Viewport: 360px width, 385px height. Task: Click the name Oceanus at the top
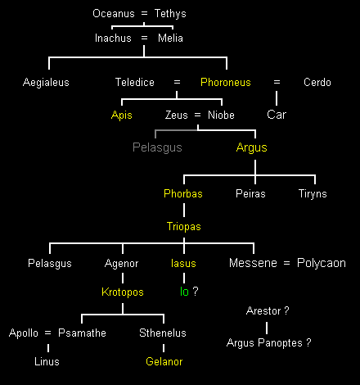(114, 13)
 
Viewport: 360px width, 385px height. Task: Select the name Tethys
(170, 14)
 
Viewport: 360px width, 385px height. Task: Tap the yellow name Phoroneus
(226, 82)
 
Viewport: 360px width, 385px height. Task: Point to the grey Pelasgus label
(157, 147)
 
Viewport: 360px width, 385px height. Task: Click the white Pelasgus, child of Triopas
(50, 264)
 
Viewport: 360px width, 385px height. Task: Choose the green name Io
(184, 292)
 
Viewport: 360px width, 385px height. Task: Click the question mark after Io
(196, 292)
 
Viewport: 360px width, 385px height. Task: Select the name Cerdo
(317, 82)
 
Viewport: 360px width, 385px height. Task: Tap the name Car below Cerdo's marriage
(277, 115)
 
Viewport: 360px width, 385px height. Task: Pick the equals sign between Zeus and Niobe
(197, 115)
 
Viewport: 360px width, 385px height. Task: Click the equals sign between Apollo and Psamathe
(47, 333)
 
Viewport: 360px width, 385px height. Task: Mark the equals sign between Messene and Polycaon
(286, 263)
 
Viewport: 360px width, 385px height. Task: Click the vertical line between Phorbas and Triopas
(184, 210)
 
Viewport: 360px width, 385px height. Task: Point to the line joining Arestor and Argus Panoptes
(267, 328)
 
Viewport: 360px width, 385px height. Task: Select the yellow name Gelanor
(164, 361)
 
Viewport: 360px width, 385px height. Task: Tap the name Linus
(47, 361)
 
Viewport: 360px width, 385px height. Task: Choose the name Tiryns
(313, 194)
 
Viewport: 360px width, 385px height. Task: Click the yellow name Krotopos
(123, 292)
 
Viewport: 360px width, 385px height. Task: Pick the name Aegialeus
(46, 83)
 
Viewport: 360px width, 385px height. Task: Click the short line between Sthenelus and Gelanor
(164, 348)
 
